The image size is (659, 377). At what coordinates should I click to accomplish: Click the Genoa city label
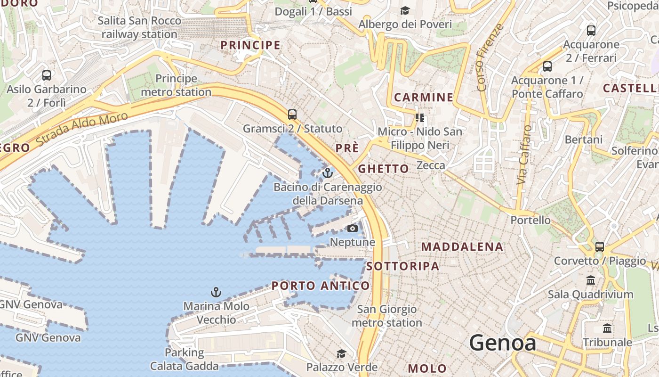pyautogui.click(x=503, y=343)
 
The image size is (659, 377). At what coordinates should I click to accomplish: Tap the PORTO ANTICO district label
pyautogui.click(x=321, y=286)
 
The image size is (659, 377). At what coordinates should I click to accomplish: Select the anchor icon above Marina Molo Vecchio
pyautogui.click(x=216, y=292)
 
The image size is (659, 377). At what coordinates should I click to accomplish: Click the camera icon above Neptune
pyautogui.click(x=352, y=229)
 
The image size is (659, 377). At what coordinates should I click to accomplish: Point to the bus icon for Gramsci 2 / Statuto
pyautogui.click(x=292, y=114)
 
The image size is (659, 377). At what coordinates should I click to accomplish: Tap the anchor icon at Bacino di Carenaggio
pyautogui.click(x=328, y=173)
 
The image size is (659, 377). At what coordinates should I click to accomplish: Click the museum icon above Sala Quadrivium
pyautogui.click(x=591, y=280)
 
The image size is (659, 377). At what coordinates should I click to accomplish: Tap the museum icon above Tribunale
pyautogui.click(x=607, y=328)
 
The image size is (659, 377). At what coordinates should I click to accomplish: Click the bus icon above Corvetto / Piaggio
pyautogui.click(x=600, y=246)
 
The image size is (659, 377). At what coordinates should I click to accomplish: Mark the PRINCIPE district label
pyautogui.click(x=250, y=45)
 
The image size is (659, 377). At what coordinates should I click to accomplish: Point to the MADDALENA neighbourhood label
pyautogui.click(x=462, y=247)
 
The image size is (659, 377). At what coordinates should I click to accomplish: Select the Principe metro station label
pyautogui.click(x=176, y=85)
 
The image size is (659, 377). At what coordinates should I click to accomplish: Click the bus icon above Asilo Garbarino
pyautogui.click(x=47, y=75)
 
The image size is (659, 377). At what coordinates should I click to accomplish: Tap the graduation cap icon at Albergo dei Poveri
pyautogui.click(x=405, y=10)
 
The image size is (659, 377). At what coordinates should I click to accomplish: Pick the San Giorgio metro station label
pyautogui.click(x=387, y=316)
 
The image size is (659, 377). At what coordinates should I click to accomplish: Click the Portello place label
pyautogui.click(x=530, y=220)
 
